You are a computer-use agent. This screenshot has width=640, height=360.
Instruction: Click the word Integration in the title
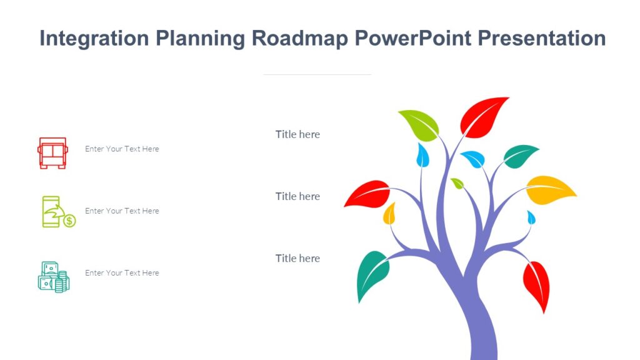pyautogui.click(x=94, y=38)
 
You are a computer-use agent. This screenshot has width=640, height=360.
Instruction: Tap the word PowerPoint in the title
pyautogui.click(x=412, y=38)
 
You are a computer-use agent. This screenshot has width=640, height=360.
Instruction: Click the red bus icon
pyautogui.click(x=52, y=152)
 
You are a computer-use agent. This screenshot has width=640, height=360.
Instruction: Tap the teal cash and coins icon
pyautogui.click(x=53, y=277)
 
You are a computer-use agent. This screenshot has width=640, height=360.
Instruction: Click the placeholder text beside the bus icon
pyautogui.click(x=122, y=149)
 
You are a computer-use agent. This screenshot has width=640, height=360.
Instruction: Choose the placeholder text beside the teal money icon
pyautogui.click(x=122, y=273)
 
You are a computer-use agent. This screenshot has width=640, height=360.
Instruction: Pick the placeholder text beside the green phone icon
pyautogui.click(x=122, y=211)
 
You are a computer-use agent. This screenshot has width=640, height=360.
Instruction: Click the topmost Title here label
pyautogui.click(x=297, y=134)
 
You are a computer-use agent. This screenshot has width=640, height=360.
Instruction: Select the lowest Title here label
pyautogui.click(x=297, y=258)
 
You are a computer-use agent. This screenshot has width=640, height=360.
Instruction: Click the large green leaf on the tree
pyautogui.click(x=419, y=124)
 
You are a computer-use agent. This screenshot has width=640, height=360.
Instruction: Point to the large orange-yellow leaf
pyautogui.click(x=549, y=189)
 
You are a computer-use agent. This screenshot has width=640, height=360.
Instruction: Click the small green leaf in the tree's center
pyautogui.click(x=457, y=183)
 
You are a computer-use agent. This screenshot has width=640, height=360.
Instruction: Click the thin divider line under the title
pyautogui.click(x=317, y=74)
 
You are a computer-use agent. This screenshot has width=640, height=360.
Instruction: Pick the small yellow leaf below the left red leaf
pyautogui.click(x=389, y=214)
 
